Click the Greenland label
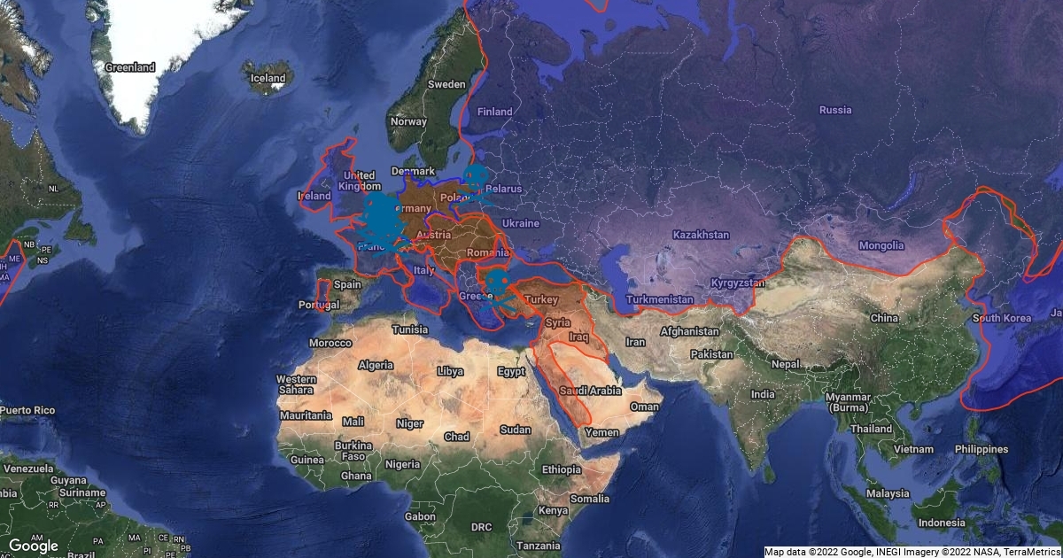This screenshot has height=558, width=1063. (x=129, y=67)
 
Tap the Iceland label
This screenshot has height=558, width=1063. (x=268, y=78)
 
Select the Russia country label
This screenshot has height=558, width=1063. (x=835, y=110)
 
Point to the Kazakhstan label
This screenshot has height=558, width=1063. (x=701, y=235)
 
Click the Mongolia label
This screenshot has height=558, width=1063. (x=881, y=245)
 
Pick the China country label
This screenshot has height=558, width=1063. (x=884, y=318)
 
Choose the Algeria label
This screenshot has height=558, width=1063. (x=376, y=365)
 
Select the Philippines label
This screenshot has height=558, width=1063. (x=981, y=449)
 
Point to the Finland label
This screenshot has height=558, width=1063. (x=494, y=112)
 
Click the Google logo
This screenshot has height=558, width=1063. (x=33, y=546)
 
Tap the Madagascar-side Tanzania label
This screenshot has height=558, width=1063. (x=539, y=546)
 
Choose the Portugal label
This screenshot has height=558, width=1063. (x=319, y=305)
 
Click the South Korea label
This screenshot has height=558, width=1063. (x=1002, y=318)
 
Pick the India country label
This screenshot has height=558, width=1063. (x=762, y=394)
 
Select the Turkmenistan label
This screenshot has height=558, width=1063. (x=659, y=299)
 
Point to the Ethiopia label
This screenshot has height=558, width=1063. (x=560, y=469)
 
